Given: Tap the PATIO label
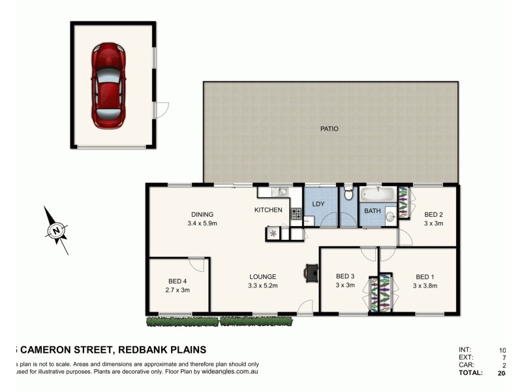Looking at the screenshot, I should pyautogui.click(x=329, y=129).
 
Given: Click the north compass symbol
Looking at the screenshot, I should pyautogui.click(x=57, y=230).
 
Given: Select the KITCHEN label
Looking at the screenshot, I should pyautogui.click(x=268, y=210).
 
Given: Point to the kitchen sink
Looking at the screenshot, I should pyautogui.click(x=283, y=192).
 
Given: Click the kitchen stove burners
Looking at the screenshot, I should pyautogui.click(x=296, y=212).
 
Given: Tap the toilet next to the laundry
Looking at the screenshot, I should pyautogui.click(x=349, y=194).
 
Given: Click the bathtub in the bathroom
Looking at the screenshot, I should pyautogui.click(x=376, y=194).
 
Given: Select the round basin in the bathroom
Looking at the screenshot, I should pyautogui.click(x=390, y=216).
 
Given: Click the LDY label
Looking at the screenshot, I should pyautogui.click(x=319, y=204).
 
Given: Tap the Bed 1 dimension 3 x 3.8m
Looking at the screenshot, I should pyautogui.click(x=425, y=286).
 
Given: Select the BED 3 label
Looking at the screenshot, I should pyautogui.click(x=345, y=276).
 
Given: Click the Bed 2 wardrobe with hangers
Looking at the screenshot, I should pyautogui.click(x=403, y=203).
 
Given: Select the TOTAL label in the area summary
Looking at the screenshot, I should pyautogui.click(x=472, y=373).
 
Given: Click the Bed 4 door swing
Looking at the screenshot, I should pyautogui.click(x=196, y=264).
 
